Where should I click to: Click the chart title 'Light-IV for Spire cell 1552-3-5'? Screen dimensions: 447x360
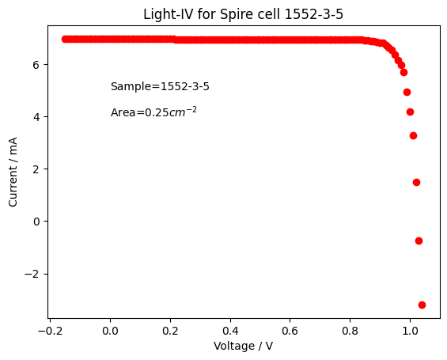[243, 14]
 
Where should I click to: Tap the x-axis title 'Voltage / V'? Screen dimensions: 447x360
[243, 346]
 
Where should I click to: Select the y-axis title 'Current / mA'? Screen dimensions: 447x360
[13, 172]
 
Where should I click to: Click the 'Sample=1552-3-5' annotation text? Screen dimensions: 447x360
[160, 86]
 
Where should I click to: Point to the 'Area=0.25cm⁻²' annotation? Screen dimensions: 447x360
[153, 112]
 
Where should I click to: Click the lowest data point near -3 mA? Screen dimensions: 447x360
[422, 305]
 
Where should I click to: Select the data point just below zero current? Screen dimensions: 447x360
[419, 241]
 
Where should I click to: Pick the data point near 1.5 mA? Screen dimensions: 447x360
[416, 183]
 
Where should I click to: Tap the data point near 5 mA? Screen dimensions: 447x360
[407, 92]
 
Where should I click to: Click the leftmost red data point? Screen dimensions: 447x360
[66, 39]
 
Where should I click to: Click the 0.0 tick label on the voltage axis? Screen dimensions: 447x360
[110, 331]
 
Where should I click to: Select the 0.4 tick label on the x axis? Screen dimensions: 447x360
[230, 331]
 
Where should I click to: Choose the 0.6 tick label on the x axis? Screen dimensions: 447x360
[290, 331]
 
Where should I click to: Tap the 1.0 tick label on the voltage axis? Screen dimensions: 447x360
[410, 331]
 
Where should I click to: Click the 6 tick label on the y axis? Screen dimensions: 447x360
[36, 65]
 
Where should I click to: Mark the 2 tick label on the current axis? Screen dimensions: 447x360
[36, 169]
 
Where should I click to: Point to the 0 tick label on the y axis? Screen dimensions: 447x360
[36, 222]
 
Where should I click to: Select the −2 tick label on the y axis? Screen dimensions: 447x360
[32, 274]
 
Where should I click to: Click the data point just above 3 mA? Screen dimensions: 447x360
[413, 135]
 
